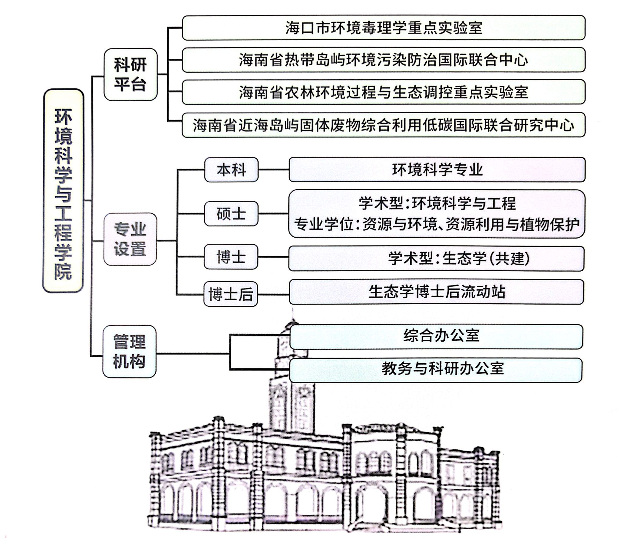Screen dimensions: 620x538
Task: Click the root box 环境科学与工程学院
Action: pos(63,190)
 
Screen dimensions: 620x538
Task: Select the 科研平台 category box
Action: pos(130,74)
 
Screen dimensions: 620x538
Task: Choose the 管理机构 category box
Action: pos(130,351)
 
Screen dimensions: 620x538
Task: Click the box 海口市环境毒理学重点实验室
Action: pos(384,28)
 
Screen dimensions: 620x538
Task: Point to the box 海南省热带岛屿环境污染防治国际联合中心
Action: pos(384,60)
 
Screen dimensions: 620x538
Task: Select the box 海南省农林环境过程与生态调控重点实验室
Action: pos(384,92)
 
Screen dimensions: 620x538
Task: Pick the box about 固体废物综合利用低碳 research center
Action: pos(384,125)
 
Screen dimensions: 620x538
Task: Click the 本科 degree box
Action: pos(231,170)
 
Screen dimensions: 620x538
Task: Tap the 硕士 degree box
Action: pos(231,214)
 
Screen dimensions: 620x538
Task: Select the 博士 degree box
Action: pos(231,257)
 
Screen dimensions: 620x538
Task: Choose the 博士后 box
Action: pos(231,294)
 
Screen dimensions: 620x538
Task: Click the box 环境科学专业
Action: pos(437,170)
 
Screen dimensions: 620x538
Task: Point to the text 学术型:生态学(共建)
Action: pos(459,259)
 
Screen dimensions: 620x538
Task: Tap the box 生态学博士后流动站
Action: pos(436,292)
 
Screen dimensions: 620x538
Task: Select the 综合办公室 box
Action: pos(436,337)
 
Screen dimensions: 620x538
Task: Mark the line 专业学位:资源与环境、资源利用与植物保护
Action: pos(437,225)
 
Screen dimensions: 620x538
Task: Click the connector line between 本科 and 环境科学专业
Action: pos(274,170)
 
